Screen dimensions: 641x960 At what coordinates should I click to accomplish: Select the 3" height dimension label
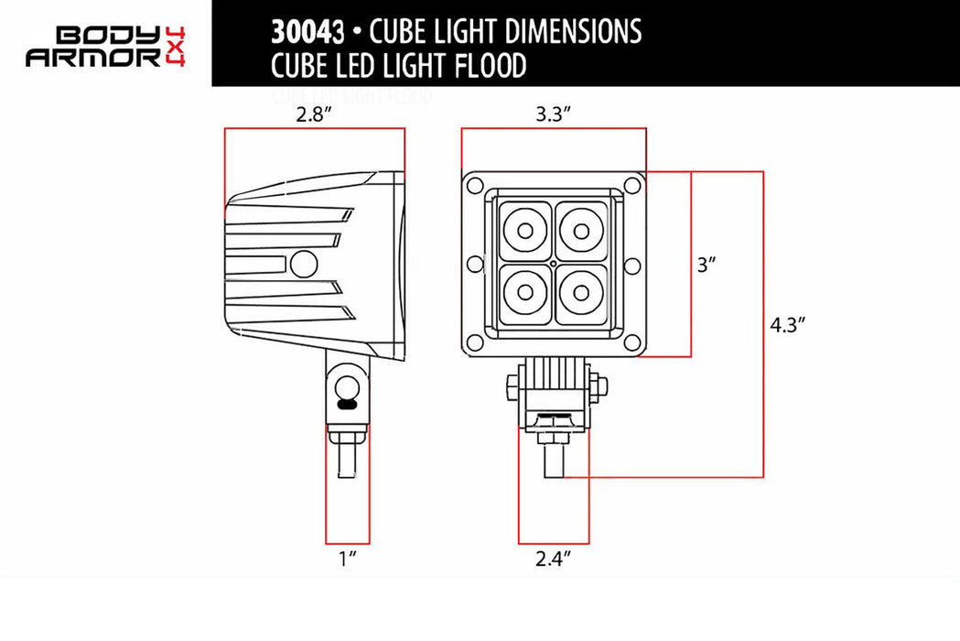coord(706,266)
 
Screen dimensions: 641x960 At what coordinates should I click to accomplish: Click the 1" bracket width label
coord(347,558)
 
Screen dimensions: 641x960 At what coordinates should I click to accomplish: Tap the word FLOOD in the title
coord(485,66)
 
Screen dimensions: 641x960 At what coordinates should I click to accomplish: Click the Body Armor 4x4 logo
coord(106,46)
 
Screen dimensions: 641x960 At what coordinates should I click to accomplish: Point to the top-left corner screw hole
coord(475,186)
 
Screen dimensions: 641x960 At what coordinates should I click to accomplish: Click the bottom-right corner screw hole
coord(631,343)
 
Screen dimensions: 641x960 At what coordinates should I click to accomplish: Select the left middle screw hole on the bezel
coord(474,265)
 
